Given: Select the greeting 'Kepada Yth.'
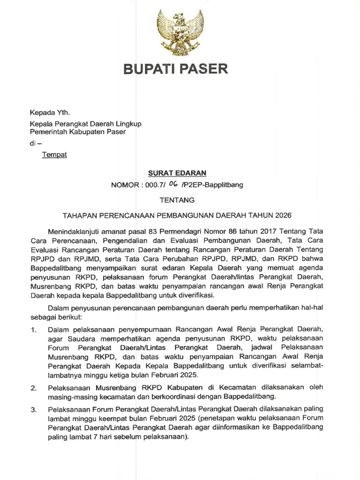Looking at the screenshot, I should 49,113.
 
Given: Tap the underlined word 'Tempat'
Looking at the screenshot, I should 55,155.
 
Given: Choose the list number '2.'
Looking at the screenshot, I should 33,388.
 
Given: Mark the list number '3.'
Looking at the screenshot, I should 33,410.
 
